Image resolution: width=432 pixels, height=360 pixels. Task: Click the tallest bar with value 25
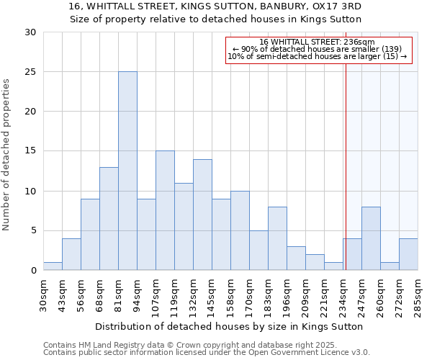tap(127, 171)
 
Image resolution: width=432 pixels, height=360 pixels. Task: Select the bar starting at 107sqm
tap(165, 210)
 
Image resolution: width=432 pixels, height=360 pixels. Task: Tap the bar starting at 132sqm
tap(202, 215)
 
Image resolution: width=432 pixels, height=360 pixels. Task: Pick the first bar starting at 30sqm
tap(53, 266)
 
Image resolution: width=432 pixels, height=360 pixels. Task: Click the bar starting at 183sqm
tap(277, 238)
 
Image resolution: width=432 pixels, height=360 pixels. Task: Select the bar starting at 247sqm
tap(371, 238)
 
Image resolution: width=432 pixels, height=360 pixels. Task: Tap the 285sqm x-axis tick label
tap(418, 293)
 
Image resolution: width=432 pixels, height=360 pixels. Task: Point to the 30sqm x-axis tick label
tap(43, 293)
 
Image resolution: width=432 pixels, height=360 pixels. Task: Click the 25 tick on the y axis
tap(31, 72)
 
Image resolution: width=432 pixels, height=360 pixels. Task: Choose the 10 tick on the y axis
tap(31, 191)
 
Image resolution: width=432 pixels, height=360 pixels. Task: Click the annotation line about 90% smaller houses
tap(317, 49)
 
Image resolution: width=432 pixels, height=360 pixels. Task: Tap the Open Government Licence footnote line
tap(206, 352)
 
